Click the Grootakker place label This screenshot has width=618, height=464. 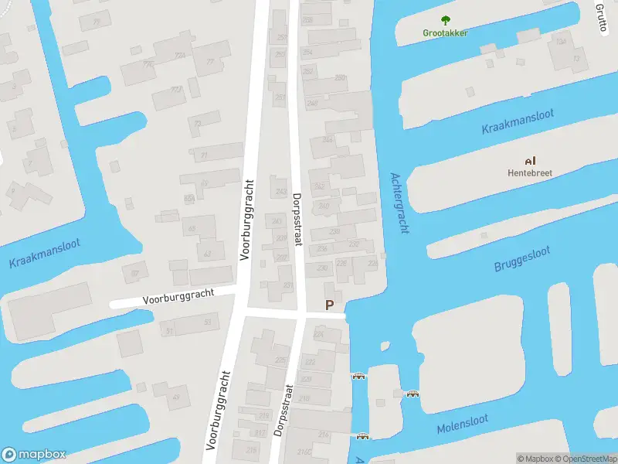tap(446, 32)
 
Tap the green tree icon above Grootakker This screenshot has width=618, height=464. tap(446, 20)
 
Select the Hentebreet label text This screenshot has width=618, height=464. tap(529, 172)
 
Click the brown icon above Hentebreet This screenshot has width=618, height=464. tap(529, 161)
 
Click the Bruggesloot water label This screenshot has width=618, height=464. tap(521, 260)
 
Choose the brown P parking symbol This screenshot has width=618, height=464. tap(330, 305)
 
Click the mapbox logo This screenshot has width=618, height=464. tap(34, 454)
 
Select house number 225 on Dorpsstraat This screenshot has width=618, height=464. tap(280, 360)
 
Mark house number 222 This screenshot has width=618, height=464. tap(310, 362)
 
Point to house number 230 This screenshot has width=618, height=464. tap(321, 268)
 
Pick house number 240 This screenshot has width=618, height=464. tap(324, 206)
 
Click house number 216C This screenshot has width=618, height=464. tap(304, 451)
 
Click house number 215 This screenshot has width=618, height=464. tap(242, 416)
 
